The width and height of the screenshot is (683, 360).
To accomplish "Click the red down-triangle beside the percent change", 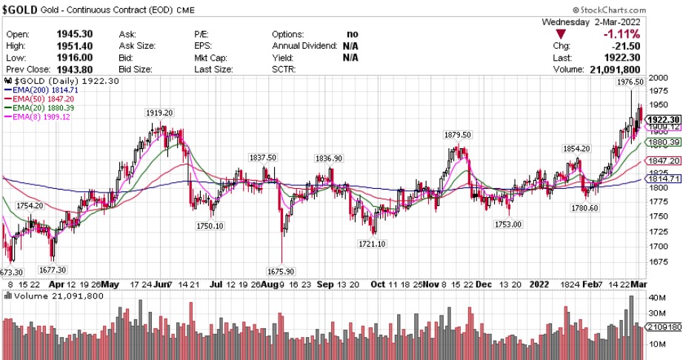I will [562, 34].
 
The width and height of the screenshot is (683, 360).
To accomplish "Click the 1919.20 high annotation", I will [159, 113].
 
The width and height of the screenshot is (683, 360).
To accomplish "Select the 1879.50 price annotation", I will [458, 135].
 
